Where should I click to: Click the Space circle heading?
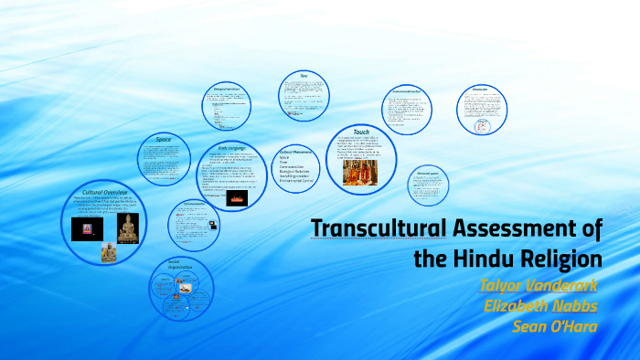click(164, 139)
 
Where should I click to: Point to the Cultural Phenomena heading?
click(298, 153)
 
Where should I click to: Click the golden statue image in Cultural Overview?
click(128, 228)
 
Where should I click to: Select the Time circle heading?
click(304, 75)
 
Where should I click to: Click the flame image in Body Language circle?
click(237, 196)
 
